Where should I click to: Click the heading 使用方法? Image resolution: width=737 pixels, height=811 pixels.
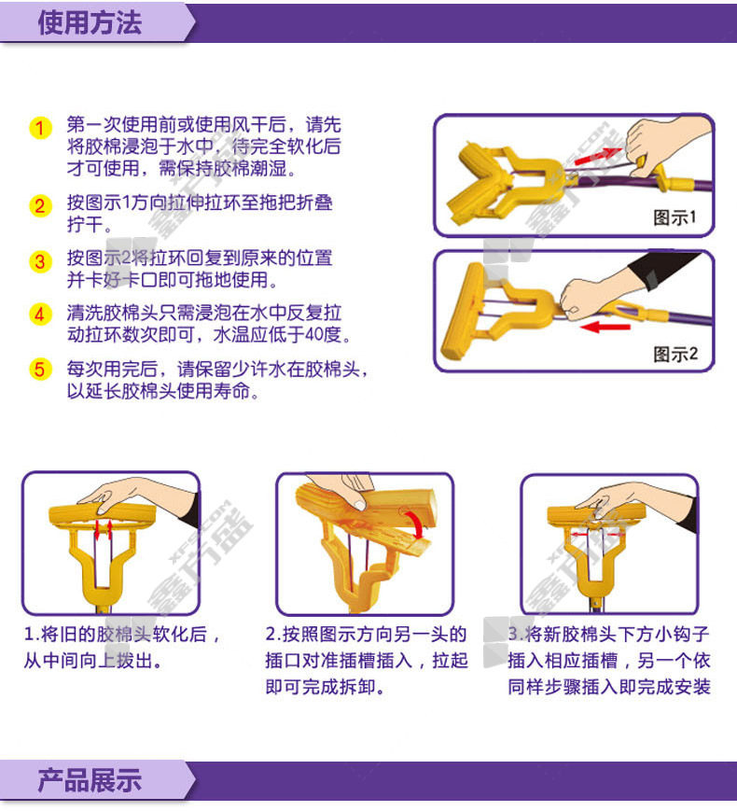(90, 22)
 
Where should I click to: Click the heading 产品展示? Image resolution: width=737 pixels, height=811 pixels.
(90, 781)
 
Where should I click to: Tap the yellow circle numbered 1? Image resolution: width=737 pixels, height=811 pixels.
(40, 128)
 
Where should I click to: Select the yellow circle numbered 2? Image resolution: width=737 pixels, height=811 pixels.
(40, 206)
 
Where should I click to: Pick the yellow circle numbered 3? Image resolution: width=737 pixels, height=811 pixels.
(40, 261)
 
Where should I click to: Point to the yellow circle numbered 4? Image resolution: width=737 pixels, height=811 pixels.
(40, 314)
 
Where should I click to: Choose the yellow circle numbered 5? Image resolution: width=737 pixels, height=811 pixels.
(40, 370)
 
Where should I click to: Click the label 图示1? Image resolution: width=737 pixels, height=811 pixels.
(674, 217)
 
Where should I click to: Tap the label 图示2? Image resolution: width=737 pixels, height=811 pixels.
(675, 355)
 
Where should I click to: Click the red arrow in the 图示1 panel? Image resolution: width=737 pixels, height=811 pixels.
(598, 156)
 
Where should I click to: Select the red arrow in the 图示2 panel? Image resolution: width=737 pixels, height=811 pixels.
(605, 327)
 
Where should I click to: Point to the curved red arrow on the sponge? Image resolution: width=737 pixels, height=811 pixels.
(417, 523)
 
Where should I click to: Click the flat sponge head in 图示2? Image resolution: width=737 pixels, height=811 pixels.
(462, 312)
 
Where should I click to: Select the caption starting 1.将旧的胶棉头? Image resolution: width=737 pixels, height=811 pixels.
(122, 647)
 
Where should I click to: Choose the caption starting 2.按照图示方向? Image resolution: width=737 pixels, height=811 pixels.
(367, 661)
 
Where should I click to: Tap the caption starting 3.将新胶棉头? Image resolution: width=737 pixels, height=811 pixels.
(609, 661)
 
